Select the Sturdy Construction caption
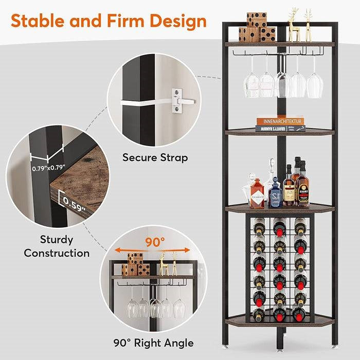(57, 246)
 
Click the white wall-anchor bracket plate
(177, 100)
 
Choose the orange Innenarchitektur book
(280, 121)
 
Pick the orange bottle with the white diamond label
(256, 195)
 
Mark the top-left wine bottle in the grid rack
(259, 227)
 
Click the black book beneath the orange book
(279, 128)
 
